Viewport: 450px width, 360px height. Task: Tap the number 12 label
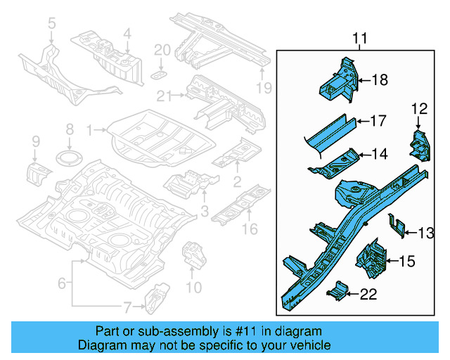pyautogui.click(x=419, y=108)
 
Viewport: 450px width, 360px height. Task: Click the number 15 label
pyautogui.click(x=406, y=262)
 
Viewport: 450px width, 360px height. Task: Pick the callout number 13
pyautogui.click(x=426, y=233)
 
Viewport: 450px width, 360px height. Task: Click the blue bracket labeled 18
pyautogui.click(x=339, y=80)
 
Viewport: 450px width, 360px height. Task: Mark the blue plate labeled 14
pyautogui.click(x=337, y=164)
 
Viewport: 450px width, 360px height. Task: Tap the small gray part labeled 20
pyautogui.click(x=160, y=74)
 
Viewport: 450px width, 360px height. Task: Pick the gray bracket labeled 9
pyautogui.click(x=39, y=172)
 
